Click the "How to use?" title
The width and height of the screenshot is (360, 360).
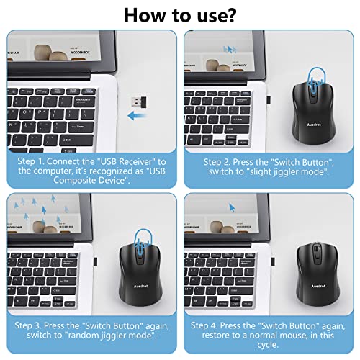coord(179,15)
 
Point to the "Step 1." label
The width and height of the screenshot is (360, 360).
coord(33,161)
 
